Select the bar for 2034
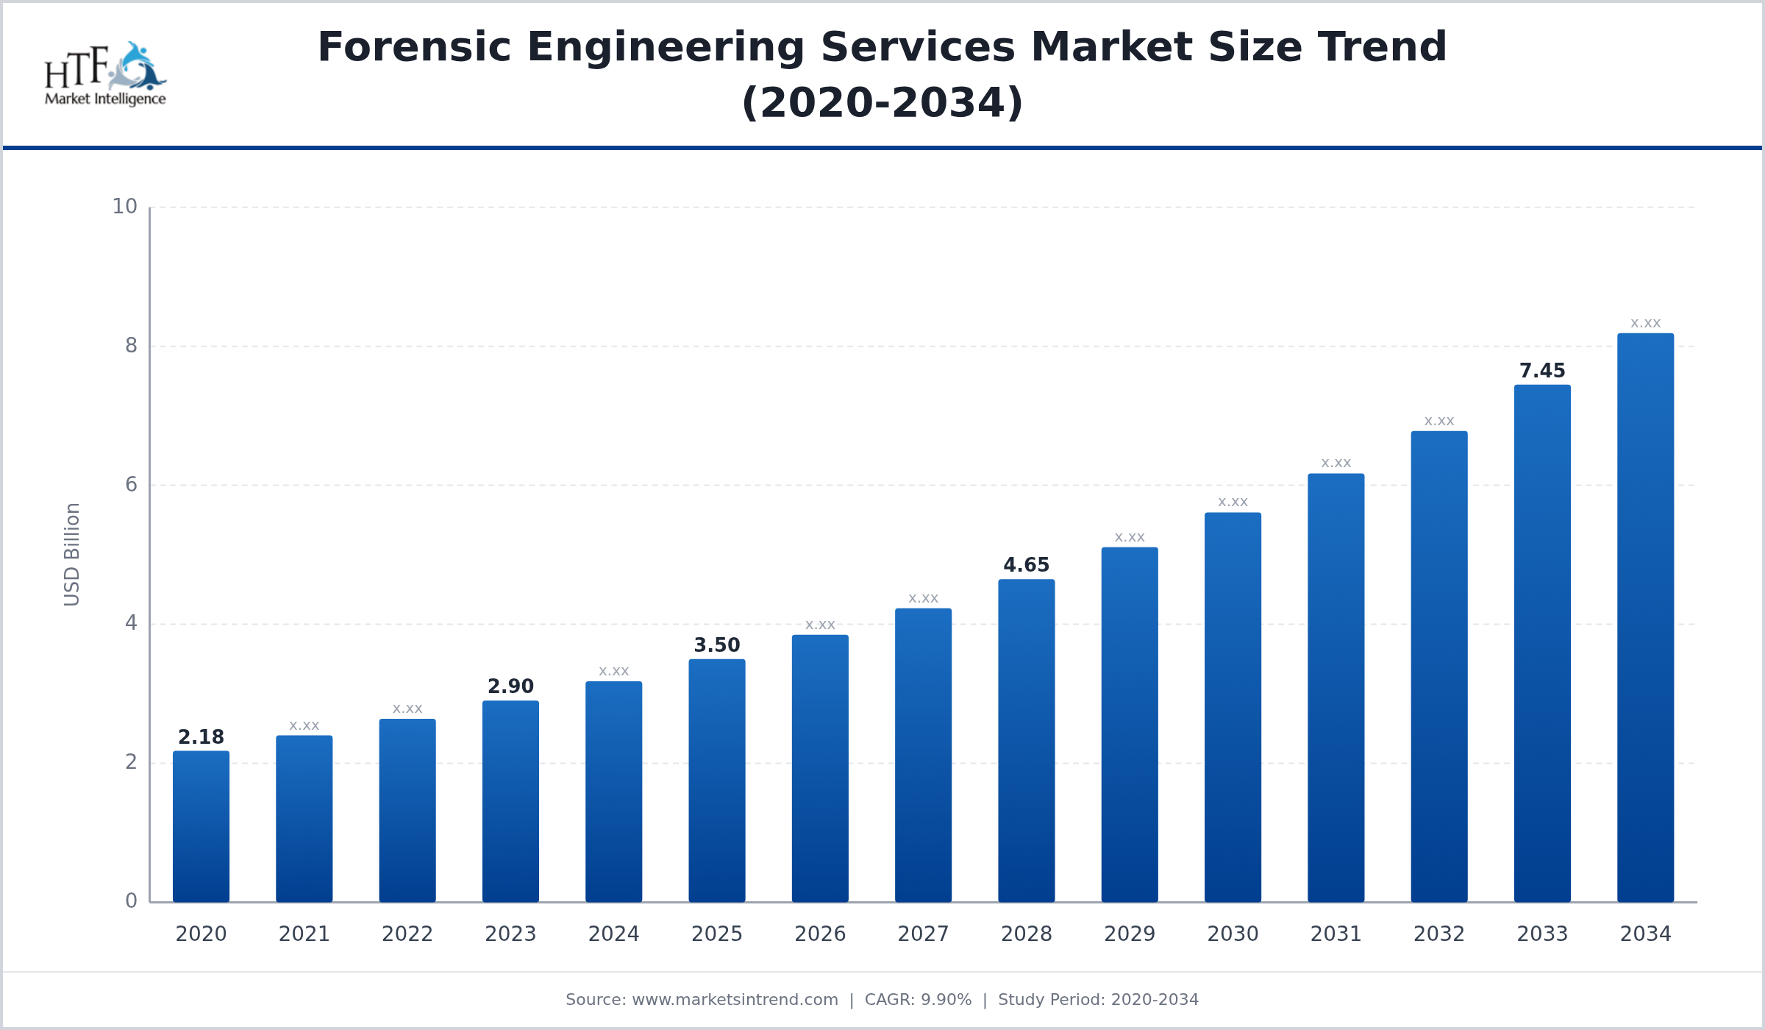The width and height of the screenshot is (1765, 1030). click(x=1645, y=618)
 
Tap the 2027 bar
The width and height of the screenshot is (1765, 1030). click(x=923, y=755)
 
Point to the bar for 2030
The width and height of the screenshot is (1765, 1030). click(x=1233, y=707)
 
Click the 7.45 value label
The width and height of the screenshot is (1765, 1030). click(x=1542, y=371)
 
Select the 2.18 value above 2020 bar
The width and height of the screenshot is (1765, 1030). click(x=201, y=737)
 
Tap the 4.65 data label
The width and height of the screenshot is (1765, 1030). click(x=1026, y=565)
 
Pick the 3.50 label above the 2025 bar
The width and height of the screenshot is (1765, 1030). click(x=716, y=645)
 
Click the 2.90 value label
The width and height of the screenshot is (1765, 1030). click(x=510, y=686)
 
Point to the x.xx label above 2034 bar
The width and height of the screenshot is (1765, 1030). click(x=1645, y=324)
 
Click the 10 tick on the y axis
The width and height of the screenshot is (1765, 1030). click(x=124, y=207)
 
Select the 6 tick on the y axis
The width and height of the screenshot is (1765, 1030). click(x=131, y=484)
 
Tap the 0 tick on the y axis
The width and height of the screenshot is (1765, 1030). click(x=131, y=901)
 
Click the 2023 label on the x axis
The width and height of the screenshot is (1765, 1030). click(x=510, y=934)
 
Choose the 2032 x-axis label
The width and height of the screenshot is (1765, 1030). click(x=1438, y=934)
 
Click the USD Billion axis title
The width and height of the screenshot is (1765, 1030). click(x=71, y=555)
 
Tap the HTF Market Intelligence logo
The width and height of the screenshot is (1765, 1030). click(x=105, y=74)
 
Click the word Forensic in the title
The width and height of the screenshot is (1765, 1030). click(x=413, y=47)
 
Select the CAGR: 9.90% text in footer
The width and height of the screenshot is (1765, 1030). click(x=918, y=1000)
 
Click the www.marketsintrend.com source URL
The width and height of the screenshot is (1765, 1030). click(x=735, y=1000)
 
